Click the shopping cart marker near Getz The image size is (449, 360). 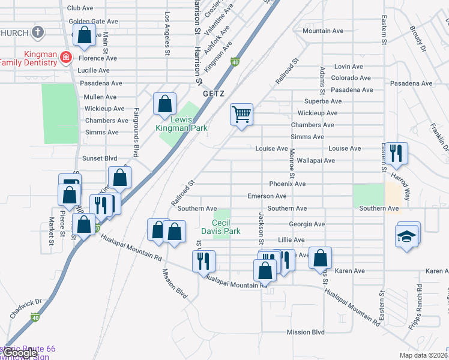tap(241, 114)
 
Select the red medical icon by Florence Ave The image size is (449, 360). tap(65, 58)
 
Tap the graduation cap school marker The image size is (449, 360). tap(407, 235)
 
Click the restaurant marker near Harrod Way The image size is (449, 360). tap(395, 153)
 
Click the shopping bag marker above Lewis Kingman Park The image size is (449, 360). tap(164, 104)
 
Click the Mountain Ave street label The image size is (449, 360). tap(322, 31)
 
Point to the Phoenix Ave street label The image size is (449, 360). tap(288, 184)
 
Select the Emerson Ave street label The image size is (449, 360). tap(267, 196)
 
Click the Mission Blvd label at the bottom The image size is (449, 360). tap(306, 332)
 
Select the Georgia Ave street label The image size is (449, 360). tap(306, 224)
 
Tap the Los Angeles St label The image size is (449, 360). tap(166, 33)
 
